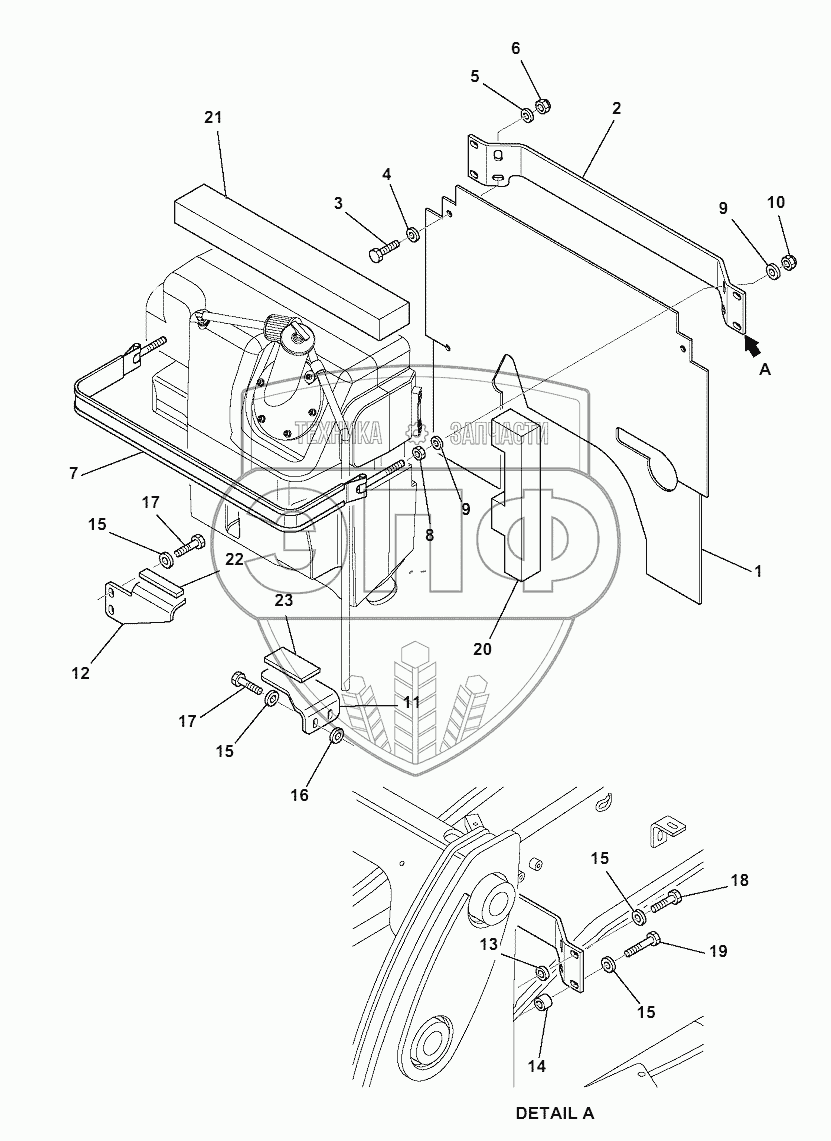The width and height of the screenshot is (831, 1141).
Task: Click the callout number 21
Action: tap(212, 118)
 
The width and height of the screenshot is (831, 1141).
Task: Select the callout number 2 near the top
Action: tap(616, 108)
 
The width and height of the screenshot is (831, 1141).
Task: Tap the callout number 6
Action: tap(516, 48)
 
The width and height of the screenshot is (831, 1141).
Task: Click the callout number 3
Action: tap(339, 204)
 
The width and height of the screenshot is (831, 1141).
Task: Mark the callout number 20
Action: tap(482, 648)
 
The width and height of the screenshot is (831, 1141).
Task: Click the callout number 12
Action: tap(81, 673)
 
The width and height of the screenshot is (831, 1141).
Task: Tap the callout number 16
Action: tap(300, 795)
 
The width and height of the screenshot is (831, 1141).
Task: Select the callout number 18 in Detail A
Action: tap(739, 880)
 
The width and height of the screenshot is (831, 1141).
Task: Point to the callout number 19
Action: tap(717, 951)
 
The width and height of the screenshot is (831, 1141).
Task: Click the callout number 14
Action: tap(537, 1066)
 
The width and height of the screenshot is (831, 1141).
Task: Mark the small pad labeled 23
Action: tap(289, 664)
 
